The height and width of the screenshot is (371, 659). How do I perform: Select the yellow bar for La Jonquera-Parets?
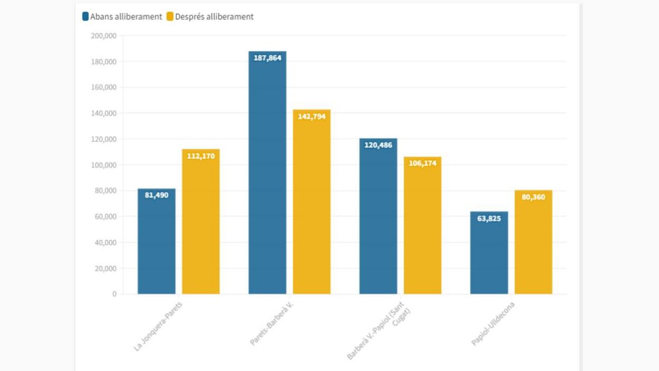tap(201, 222)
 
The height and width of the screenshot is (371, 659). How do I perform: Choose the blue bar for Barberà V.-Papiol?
tap(378, 216)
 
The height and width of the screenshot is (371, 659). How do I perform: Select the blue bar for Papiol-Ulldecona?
tap(489, 253)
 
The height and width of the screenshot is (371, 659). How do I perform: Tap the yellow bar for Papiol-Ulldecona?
tap(533, 242)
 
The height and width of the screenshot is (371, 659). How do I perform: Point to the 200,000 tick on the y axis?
tap(103, 36)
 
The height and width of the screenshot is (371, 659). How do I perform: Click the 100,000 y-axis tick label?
tap(103, 165)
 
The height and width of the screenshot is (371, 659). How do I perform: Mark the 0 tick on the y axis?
tap(114, 294)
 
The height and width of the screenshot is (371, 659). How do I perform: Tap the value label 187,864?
tap(268, 58)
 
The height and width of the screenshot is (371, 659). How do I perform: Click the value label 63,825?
tap(489, 218)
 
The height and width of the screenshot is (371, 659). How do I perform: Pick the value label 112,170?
tap(201, 156)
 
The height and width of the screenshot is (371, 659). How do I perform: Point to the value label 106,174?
tap(423, 163)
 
